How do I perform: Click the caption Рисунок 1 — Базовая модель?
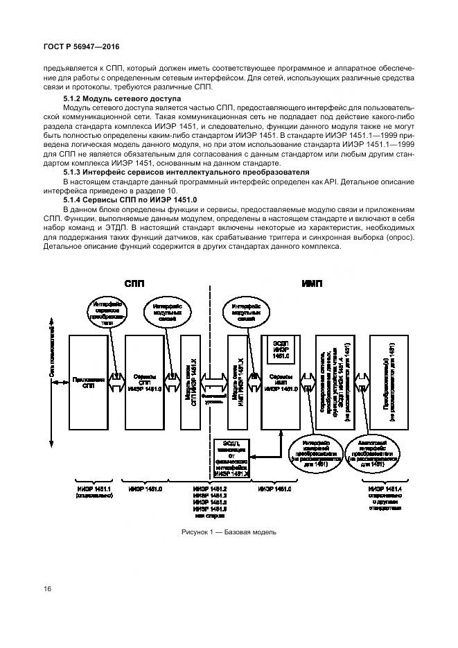pyautogui.click(x=229, y=532)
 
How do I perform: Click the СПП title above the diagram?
pyautogui.click(x=134, y=283)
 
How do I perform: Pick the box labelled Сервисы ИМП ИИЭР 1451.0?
pyautogui.click(x=280, y=395)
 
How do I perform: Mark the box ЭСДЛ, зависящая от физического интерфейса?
pyautogui.click(x=231, y=457)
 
